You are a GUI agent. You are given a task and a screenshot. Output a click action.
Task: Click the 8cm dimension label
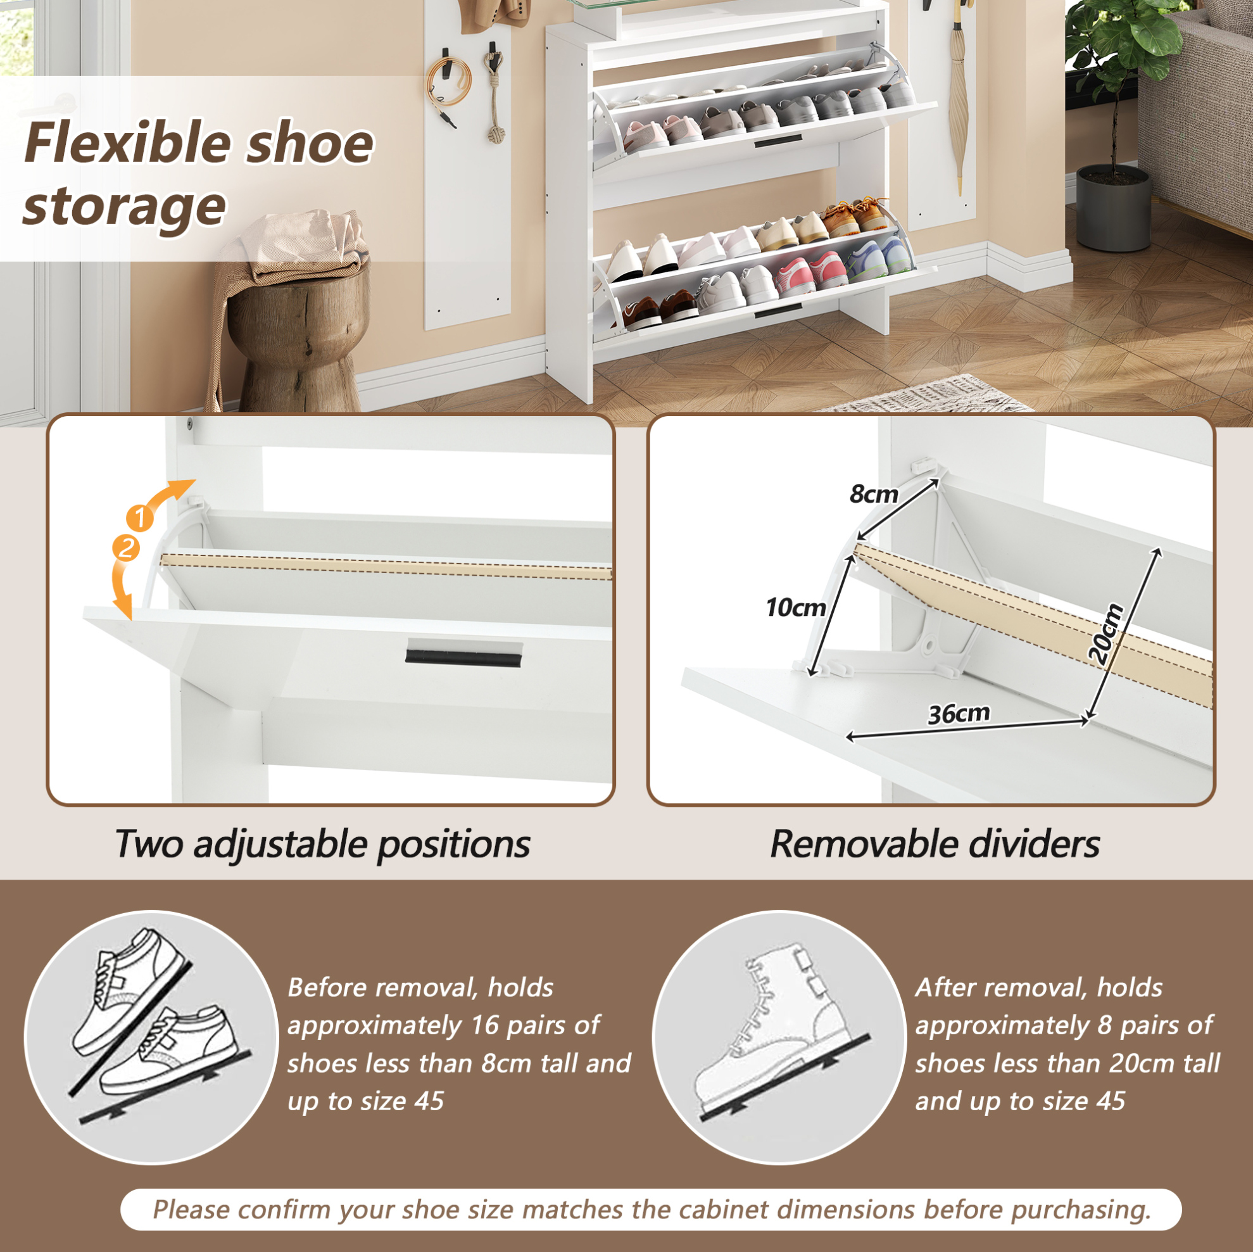(874, 495)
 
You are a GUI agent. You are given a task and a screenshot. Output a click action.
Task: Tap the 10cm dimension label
(795, 608)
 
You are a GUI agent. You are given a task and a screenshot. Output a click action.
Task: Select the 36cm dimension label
(959, 714)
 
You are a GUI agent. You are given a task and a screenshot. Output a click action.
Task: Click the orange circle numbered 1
(139, 518)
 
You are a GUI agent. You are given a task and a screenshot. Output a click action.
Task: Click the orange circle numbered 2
(126, 548)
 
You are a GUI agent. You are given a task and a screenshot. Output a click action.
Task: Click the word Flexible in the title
(126, 143)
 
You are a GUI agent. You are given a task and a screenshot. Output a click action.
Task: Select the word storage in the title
(125, 206)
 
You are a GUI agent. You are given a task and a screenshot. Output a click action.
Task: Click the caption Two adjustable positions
(322, 845)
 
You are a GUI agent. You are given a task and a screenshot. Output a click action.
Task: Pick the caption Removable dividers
(935, 845)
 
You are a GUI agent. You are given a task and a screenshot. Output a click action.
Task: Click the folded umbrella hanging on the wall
(959, 98)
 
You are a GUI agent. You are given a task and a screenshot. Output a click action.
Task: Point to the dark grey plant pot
(1114, 206)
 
